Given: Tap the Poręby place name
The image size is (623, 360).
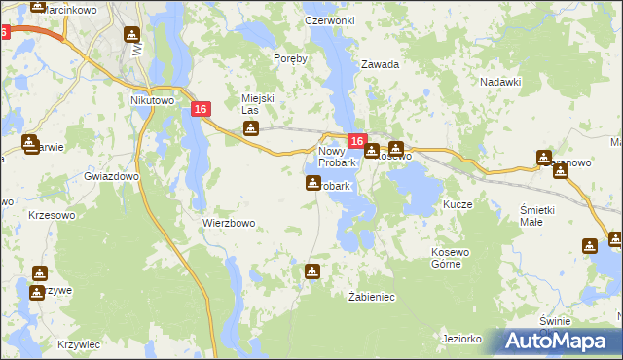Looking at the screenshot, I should tap(291, 58).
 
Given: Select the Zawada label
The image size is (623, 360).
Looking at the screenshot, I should tap(381, 65).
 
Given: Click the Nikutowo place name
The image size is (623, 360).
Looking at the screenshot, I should tap(151, 99).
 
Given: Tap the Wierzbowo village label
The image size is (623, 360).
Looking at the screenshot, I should tap(229, 223).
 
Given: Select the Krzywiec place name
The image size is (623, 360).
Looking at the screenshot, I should tap(79, 344).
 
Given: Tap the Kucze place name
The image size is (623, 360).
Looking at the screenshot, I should tap(458, 205).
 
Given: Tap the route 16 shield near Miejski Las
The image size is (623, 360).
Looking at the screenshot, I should tap(201, 111).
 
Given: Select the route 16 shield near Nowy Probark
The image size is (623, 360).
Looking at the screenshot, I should tap(356, 142).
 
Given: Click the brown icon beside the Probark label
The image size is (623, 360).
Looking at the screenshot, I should tap(312, 183).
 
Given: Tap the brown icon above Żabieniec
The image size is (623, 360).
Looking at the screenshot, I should tap(312, 271).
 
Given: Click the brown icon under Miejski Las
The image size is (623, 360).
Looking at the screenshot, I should tap(251, 128).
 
